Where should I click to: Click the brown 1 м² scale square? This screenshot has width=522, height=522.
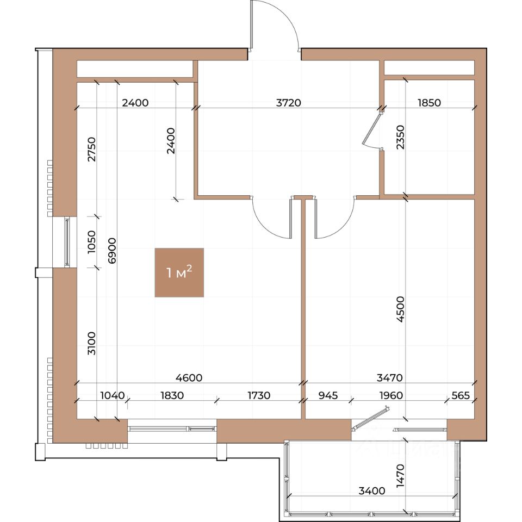179,272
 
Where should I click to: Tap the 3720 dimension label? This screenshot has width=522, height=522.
288,103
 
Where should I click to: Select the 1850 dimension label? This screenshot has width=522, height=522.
429,103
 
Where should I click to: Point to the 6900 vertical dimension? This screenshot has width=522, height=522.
112,251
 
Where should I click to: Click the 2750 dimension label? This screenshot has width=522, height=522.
91,150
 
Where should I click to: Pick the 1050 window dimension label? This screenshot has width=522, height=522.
91,241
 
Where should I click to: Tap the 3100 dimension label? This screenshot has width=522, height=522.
91,343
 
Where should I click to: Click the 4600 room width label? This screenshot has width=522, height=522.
189,378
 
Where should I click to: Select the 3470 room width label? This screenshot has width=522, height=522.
389,378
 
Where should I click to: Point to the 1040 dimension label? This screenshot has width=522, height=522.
113,395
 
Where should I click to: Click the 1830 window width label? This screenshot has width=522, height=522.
172,395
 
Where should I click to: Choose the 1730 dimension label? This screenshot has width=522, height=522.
259,395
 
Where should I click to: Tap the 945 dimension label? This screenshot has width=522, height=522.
328,395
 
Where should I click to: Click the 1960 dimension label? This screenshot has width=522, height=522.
391,395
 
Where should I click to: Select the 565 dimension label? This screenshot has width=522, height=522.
461,395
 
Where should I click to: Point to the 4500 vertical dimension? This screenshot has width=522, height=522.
401,309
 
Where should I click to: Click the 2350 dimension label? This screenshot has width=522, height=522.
401,137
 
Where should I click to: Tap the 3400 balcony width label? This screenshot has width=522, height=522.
372,490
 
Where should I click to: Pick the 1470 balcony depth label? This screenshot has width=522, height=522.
401,476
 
